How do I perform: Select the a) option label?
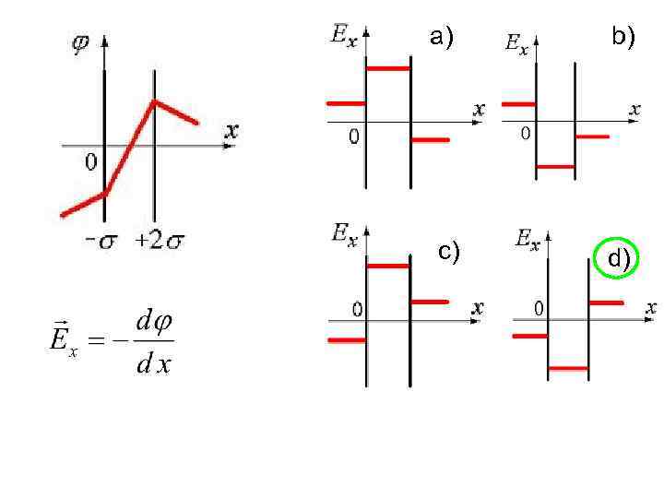point(443,37)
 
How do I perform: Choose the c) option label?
point(449,251)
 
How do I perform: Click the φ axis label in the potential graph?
point(81,43)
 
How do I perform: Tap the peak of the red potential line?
point(155,101)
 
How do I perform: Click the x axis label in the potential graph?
point(231,131)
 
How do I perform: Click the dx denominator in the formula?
point(153,364)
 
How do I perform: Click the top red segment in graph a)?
point(387,68)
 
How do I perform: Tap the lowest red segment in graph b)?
point(555,167)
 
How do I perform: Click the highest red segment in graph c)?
point(387,266)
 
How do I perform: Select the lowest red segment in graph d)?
point(568,368)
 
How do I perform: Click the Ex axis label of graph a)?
point(343,36)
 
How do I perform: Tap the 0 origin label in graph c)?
point(355,308)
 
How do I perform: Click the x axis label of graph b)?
point(634,109)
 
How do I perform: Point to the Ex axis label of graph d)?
point(528,241)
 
